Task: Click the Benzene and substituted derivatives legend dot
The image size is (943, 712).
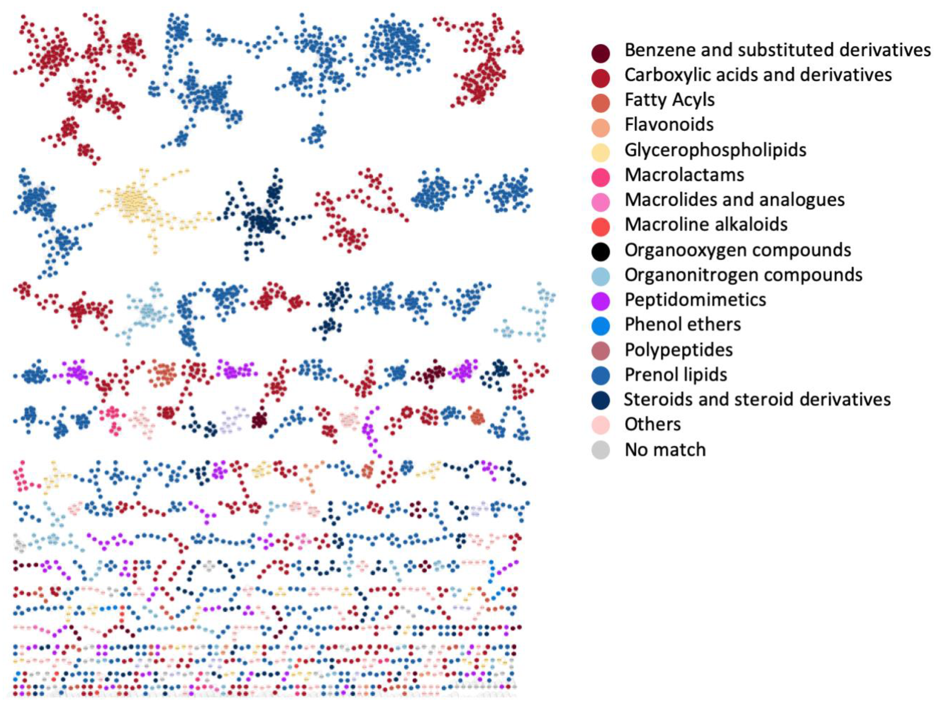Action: (x=601, y=53)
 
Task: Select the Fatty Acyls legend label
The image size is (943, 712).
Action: (x=669, y=100)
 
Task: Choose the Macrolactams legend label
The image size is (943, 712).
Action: (x=684, y=175)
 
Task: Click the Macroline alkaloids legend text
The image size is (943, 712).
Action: (x=706, y=224)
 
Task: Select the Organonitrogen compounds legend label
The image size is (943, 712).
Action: (x=743, y=275)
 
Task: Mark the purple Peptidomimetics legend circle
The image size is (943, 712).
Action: (x=601, y=301)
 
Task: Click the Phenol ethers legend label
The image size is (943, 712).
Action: (x=682, y=325)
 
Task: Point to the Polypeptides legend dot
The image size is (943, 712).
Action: (x=601, y=351)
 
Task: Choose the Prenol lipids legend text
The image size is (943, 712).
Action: (x=676, y=374)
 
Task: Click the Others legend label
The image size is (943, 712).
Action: (x=652, y=424)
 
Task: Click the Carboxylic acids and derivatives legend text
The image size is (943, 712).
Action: (x=758, y=75)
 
